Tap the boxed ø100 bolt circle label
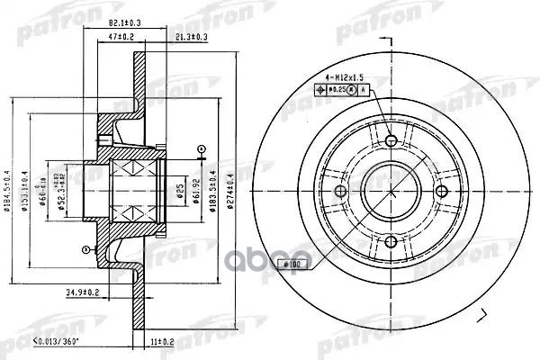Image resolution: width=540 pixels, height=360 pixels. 293,264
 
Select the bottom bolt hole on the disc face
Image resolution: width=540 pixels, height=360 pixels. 391,239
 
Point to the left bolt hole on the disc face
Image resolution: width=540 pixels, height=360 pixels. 341,190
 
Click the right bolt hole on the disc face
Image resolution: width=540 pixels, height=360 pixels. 440,190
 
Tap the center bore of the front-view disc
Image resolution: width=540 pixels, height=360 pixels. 391,190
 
